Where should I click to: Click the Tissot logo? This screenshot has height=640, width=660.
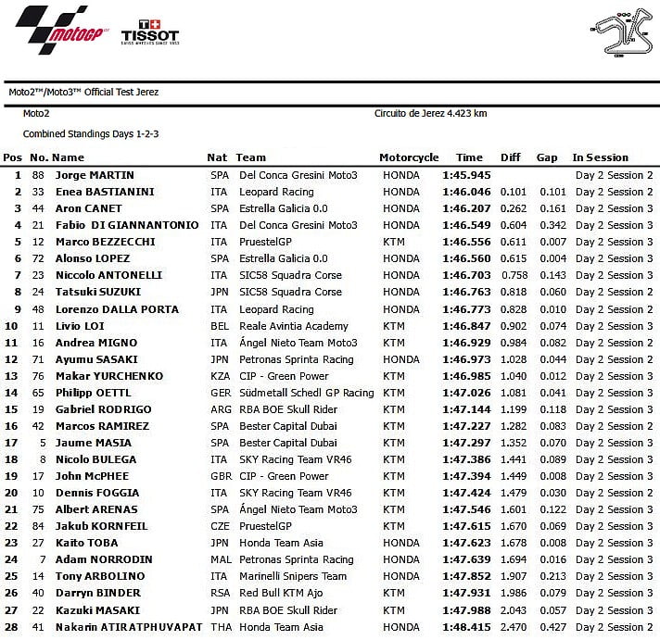point(149,31)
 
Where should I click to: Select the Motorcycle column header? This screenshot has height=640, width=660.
point(408,157)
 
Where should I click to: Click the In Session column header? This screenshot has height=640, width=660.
point(600,157)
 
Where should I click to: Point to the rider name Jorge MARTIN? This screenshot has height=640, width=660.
point(95,175)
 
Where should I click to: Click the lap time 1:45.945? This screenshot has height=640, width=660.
point(465,175)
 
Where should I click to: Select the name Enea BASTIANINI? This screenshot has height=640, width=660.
point(105,192)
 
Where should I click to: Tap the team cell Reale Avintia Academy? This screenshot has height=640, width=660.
point(293,326)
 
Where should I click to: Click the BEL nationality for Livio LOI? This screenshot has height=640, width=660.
point(218,326)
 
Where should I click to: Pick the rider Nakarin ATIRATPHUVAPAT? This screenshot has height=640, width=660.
point(128,627)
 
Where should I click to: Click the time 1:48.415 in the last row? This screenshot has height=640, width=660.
point(465,627)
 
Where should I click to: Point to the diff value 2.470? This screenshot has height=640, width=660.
point(513,627)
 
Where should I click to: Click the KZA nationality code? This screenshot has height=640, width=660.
point(219,376)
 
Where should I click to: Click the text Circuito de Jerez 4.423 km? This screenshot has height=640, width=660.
point(430,114)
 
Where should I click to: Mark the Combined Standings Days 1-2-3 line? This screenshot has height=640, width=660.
point(91,134)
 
